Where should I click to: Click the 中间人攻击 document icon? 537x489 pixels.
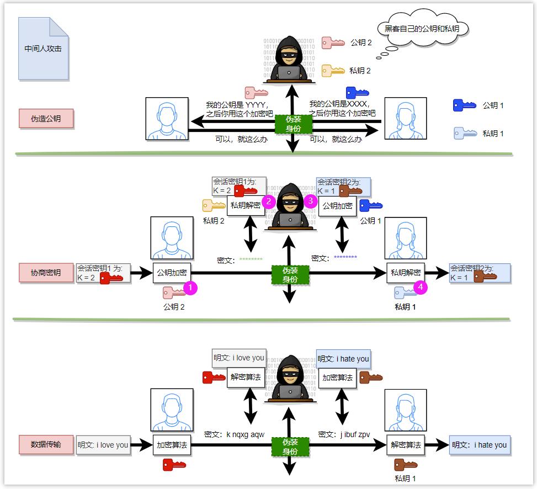click(43, 49)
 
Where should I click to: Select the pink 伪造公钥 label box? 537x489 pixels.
click(46, 118)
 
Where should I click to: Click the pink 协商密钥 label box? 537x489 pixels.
click(46, 272)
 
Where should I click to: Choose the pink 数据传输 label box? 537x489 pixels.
click(46, 444)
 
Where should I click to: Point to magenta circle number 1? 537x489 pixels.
click(190, 288)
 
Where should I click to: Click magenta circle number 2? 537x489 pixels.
click(269, 201)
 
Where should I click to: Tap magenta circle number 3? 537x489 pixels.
click(310, 201)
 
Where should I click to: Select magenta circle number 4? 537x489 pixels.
click(421, 288)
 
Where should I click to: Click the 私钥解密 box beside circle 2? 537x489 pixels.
click(246, 205)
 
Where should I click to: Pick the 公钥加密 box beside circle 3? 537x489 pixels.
click(337, 205)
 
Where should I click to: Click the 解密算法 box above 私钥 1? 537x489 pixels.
click(406, 445)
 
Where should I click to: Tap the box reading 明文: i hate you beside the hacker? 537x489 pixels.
click(343, 359)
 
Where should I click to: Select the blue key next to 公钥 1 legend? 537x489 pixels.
click(464, 105)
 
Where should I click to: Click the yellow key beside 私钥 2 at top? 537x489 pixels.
click(333, 70)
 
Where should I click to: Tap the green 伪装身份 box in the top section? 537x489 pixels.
click(293, 124)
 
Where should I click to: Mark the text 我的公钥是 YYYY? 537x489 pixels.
click(237, 104)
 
